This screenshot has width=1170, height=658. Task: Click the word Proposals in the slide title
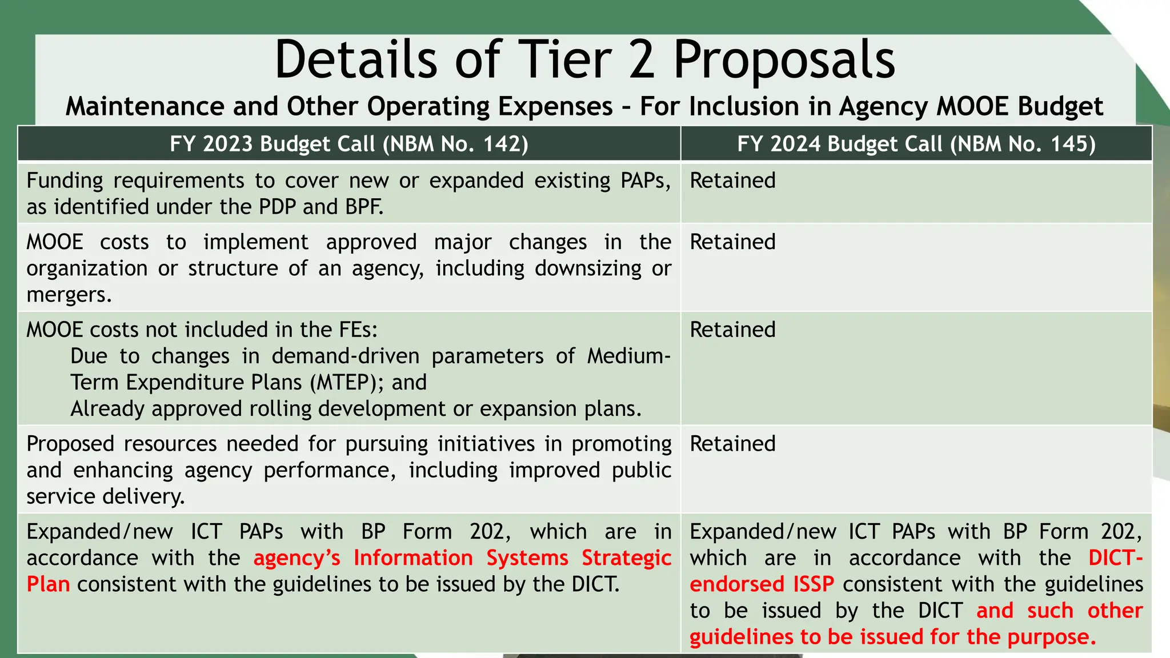coord(784,60)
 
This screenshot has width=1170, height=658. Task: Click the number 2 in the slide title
coord(642,60)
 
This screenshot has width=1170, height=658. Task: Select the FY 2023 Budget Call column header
coord(348,144)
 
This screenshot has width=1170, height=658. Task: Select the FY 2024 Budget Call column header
coord(916,144)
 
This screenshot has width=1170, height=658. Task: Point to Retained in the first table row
coord(732,180)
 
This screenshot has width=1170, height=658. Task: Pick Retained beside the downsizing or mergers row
coord(732,242)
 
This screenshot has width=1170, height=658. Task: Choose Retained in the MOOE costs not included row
coord(732,330)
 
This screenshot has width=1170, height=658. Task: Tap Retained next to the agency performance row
coord(732,444)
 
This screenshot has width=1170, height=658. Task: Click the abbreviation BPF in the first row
coord(364,207)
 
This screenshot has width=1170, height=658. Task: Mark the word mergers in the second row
coord(69,295)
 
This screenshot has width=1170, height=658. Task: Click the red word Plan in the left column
coord(48,584)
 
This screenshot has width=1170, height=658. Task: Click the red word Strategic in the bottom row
coord(626,558)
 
